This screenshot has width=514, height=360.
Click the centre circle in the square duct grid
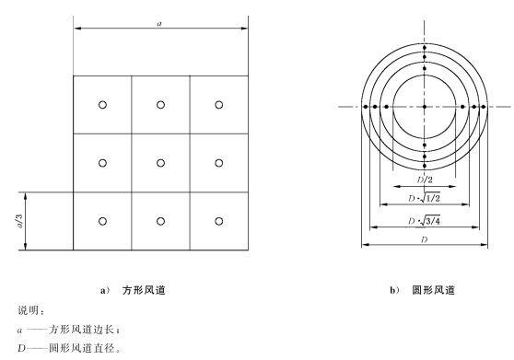pyautogui.click(x=160, y=162)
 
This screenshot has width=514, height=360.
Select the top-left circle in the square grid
pyautogui.click(x=102, y=104)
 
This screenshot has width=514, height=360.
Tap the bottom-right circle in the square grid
pyautogui.click(x=218, y=220)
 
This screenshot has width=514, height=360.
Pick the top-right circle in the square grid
pyautogui.click(x=218, y=104)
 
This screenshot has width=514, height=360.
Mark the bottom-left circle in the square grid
pyautogui.click(x=102, y=220)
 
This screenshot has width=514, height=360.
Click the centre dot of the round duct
pyautogui.click(x=424, y=108)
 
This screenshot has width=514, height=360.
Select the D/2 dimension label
pyautogui.click(x=425, y=180)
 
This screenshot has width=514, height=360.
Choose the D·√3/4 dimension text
pyautogui.click(x=425, y=222)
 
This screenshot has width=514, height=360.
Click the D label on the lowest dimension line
pyautogui.click(x=425, y=239)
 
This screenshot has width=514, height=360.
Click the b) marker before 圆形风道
pyautogui.click(x=395, y=290)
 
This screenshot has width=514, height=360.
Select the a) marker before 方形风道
pyautogui.click(x=105, y=290)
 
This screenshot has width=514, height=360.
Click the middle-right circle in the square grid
pyautogui.click(x=218, y=162)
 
